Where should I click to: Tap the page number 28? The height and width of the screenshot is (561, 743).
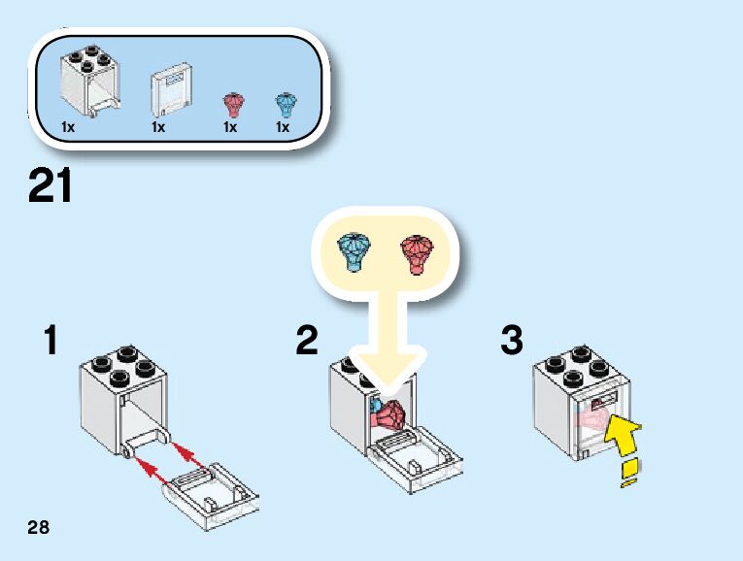(38, 528)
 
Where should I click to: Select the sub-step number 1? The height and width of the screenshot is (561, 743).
(51, 341)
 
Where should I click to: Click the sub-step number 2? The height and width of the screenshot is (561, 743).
(307, 341)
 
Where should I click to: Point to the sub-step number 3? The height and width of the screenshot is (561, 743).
(512, 341)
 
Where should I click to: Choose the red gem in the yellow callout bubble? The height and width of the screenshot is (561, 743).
(416, 253)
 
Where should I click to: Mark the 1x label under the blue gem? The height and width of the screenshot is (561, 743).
(283, 127)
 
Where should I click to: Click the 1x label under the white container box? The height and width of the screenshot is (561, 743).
(68, 127)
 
